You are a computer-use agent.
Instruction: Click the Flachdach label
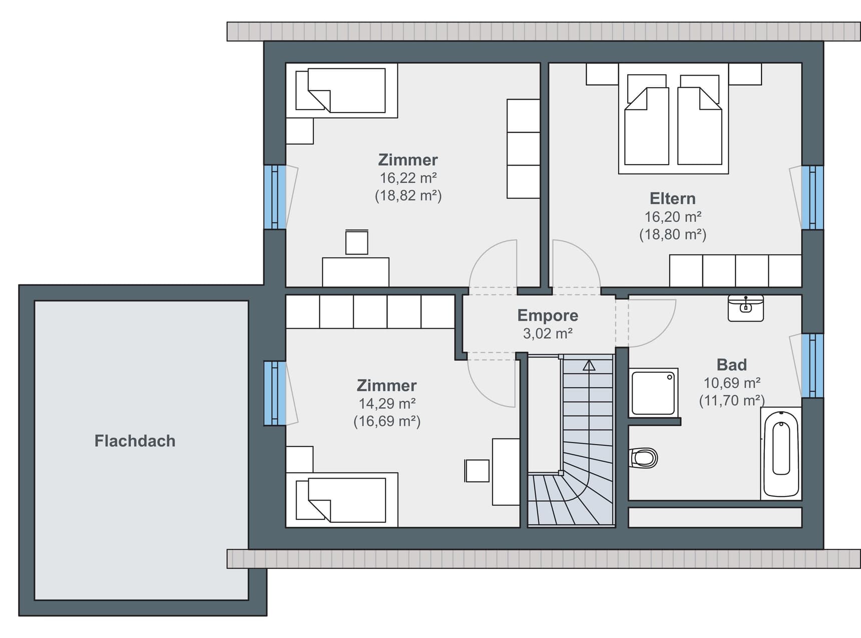click(x=135, y=441)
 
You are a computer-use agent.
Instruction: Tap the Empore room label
click(x=548, y=315)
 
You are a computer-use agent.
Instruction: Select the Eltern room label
click(x=673, y=198)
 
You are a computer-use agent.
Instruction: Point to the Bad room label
click(x=732, y=365)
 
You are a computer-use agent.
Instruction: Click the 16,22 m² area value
click(x=408, y=178)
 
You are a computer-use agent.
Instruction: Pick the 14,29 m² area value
click(x=387, y=403)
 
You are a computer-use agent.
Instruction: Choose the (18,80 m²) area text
click(x=673, y=234)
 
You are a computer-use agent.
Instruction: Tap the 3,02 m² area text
click(x=548, y=333)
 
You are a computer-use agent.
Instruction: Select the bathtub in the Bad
click(x=781, y=453)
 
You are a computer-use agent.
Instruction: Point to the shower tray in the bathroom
click(x=653, y=393)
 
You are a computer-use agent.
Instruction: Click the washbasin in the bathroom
click(x=746, y=308)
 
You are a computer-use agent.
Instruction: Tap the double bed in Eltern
click(x=673, y=119)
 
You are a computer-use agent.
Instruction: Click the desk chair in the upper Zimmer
click(x=357, y=242)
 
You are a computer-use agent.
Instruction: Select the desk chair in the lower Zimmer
click(x=477, y=471)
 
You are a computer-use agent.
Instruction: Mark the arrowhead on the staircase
click(x=589, y=366)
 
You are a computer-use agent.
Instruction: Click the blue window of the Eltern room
click(x=812, y=198)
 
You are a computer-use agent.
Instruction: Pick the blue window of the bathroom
click(x=812, y=366)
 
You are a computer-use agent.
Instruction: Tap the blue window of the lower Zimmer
click(x=275, y=394)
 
